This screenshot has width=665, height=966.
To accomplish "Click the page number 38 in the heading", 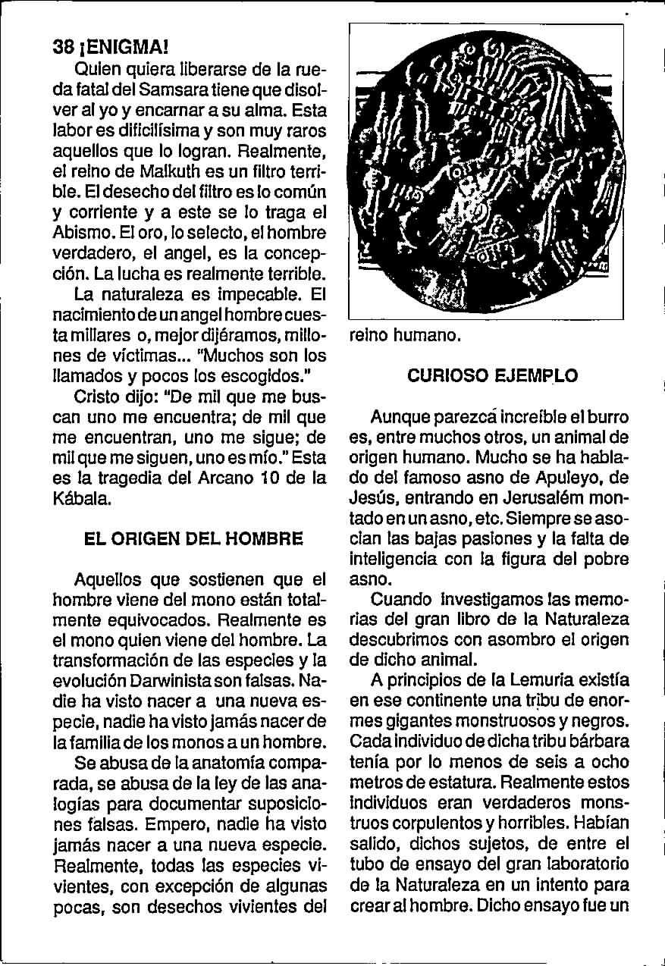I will point(63,46).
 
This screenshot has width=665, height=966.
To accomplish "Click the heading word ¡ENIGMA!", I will point(121,46).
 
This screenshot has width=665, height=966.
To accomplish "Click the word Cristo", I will point(98,397).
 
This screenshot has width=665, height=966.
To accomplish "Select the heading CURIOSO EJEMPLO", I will point(493,375).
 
